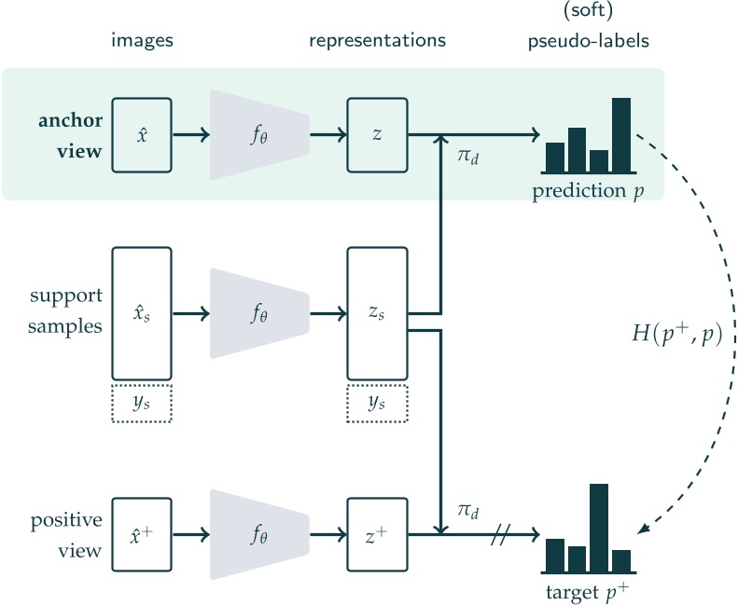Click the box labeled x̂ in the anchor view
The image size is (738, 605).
[x=142, y=134]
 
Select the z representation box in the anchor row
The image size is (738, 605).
[x=377, y=134]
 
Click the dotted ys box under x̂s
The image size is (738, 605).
[x=142, y=403]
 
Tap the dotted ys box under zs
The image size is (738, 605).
[x=377, y=403]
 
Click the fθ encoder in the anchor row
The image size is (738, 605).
[x=259, y=134]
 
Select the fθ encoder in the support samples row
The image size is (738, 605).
[x=259, y=313]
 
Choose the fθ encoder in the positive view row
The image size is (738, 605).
[x=259, y=535]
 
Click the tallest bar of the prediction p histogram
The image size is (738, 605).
[x=621, y=134]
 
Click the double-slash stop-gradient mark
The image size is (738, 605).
[x=499, y=535]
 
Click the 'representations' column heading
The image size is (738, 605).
[x=378, y=40]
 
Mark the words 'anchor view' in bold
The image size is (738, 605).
[x=70, y=135]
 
